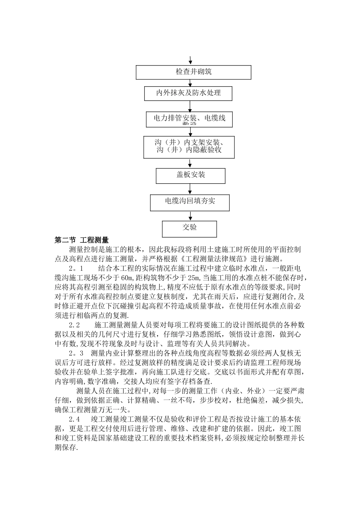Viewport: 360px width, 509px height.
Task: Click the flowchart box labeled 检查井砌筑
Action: coord(193,72)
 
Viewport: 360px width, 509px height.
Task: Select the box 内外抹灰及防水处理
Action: coord(188,93)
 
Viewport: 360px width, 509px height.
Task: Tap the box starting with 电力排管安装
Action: coord(189,119)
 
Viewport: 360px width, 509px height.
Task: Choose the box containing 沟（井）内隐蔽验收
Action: coord(189,147)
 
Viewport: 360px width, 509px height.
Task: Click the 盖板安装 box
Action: coord(191,175)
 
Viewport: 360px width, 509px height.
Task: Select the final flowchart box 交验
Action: coord(189,228)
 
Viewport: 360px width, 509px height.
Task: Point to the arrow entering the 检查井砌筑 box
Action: coord(190,61)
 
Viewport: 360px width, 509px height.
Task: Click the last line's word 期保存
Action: coord(66,448)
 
